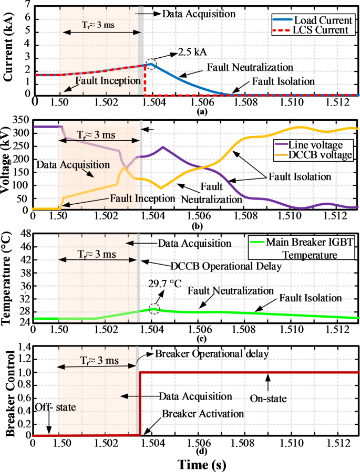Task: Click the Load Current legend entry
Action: [x=321, y=20]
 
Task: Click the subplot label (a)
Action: [x=195, y=111]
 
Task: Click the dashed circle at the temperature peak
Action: [x=153, y=308]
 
